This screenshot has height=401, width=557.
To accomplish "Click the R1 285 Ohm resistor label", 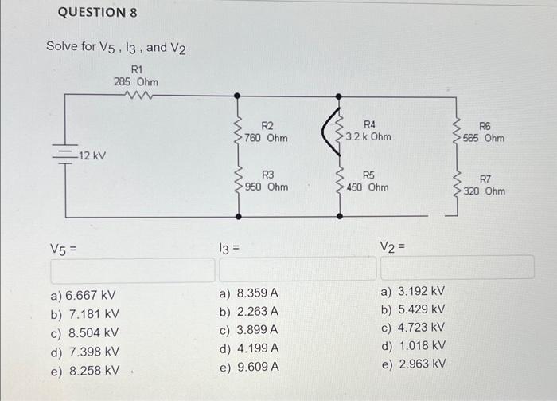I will coord(134,76).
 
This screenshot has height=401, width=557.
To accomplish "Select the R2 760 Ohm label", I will coord(267,132).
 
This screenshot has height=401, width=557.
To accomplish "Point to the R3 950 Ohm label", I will coord(267,181).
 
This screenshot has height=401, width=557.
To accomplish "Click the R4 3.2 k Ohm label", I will coord(368,131).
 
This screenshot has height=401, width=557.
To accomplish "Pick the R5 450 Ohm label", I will coord(368,181).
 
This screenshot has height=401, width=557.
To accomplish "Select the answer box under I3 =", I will coord(294,269).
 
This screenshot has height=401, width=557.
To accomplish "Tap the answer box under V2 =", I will coord(457,268).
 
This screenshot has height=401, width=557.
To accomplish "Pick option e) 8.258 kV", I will coord(84,370).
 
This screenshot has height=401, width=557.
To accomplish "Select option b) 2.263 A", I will coord(248,311).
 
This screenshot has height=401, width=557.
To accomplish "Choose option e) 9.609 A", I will coord(248,367).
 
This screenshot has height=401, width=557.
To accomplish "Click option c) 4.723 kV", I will coord(413,327).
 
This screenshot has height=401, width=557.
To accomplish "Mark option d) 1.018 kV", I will coord(413,345).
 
